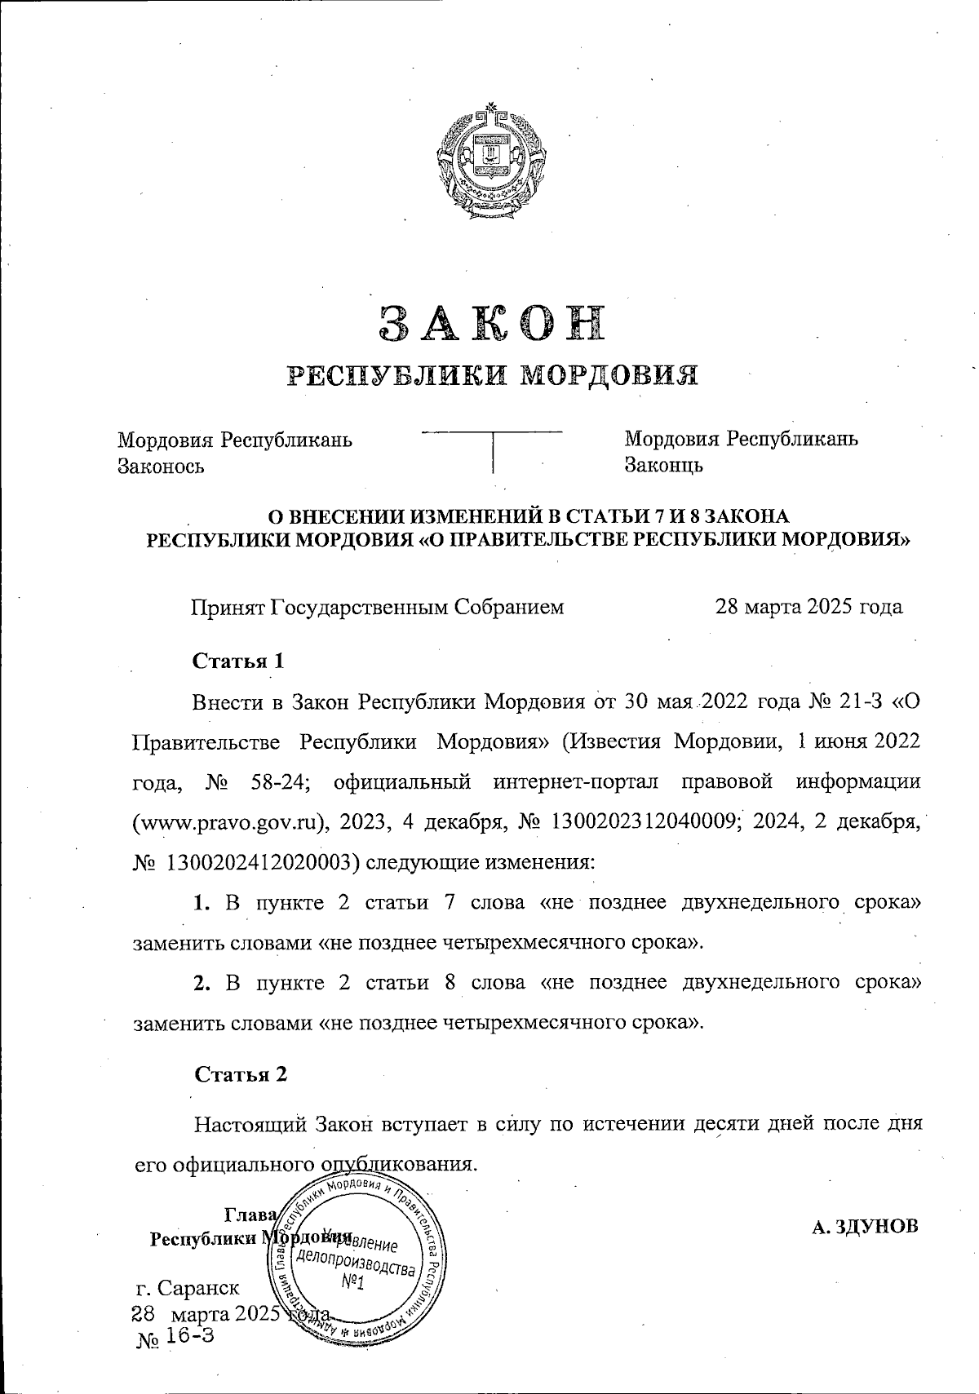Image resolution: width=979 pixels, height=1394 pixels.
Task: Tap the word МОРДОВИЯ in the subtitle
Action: (609, 374)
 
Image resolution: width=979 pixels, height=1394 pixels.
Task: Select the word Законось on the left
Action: (162, 467)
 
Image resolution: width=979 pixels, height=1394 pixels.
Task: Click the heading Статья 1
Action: (238, 661)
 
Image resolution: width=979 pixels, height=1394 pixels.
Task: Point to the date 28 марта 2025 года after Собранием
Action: (808, 607)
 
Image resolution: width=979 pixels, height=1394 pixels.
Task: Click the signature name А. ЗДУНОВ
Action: (865, 1227)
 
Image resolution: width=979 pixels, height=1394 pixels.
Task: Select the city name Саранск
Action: (200, 1288)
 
